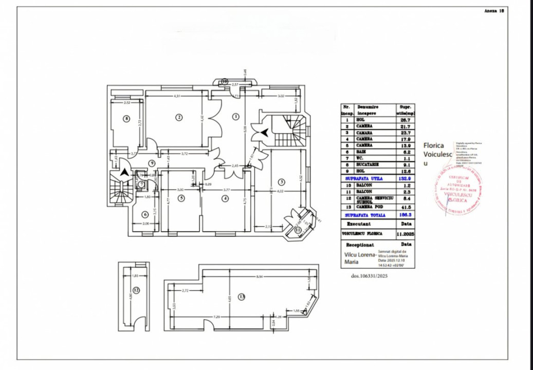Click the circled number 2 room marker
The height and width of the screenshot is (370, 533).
[179, 117]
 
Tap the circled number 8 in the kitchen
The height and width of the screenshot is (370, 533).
[126, 119]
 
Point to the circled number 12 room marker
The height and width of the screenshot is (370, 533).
[136, 290]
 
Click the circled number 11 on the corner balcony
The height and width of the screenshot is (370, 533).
[298, 231]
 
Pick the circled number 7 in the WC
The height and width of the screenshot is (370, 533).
[141, 184]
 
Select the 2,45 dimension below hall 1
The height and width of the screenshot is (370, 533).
[235, 165]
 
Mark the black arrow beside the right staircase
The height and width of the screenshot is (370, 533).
[264, 133]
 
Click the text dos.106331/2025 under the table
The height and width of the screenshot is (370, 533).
[369, 276]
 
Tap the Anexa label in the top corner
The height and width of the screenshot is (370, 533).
[492, 10]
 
